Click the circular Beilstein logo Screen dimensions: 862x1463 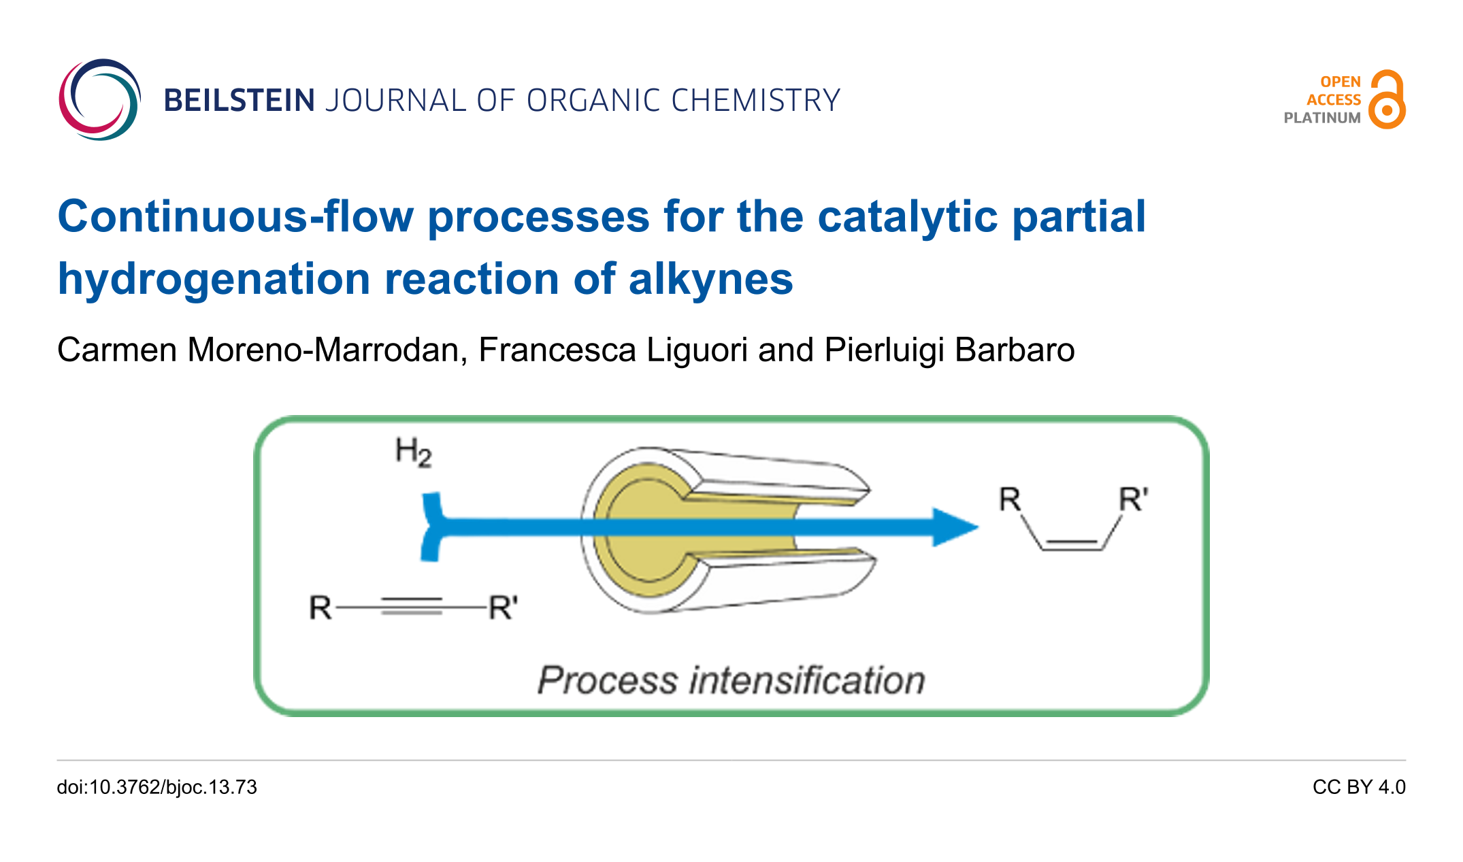click(x=99, y=100)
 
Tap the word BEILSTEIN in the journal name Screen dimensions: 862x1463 click(x=239, y=101)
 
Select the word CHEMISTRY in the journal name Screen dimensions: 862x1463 click(x=756, y=101)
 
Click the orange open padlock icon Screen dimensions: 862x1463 click(x=1387, y=100)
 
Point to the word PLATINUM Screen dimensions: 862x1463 click(x=1321, y=118)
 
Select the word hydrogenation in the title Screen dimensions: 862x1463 click(x=214, y=280)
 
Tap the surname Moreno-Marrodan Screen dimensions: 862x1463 click(x=327, y=350)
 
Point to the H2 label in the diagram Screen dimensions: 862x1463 click(x=413, y=452)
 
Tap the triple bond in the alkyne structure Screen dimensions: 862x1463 click(x=411, y=606)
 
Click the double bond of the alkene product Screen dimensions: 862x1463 click(x=1072, y=544)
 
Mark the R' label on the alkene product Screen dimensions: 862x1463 click(x=1133, y=500)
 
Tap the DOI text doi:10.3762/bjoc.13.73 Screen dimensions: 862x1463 click(x=157, y=787)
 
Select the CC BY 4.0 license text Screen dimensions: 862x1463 click(x=1358, y=787)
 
